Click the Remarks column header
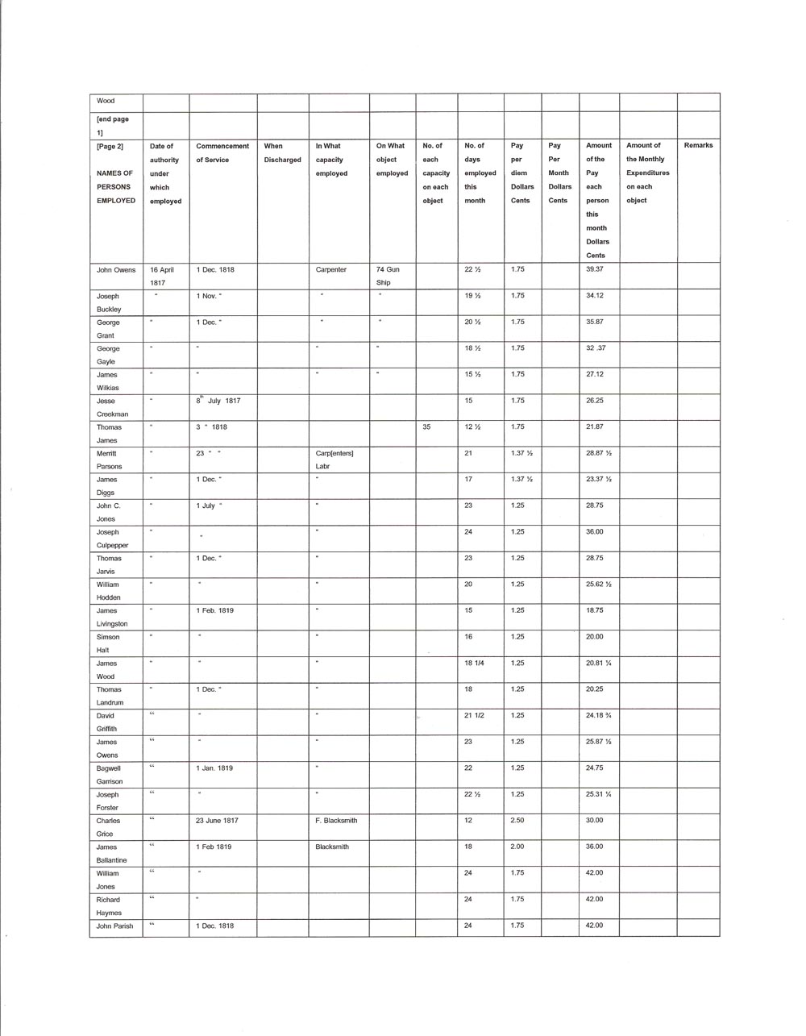[698, 146]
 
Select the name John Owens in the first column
[115, 270]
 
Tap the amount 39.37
[595, 270]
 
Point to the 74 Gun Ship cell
[388, 276]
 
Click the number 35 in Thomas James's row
[426, 427]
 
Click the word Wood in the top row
[106, 102]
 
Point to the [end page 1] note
[113, 126]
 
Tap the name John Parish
[115, 926]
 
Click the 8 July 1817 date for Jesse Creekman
[218, 401]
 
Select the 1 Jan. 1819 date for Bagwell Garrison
[214, 768]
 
